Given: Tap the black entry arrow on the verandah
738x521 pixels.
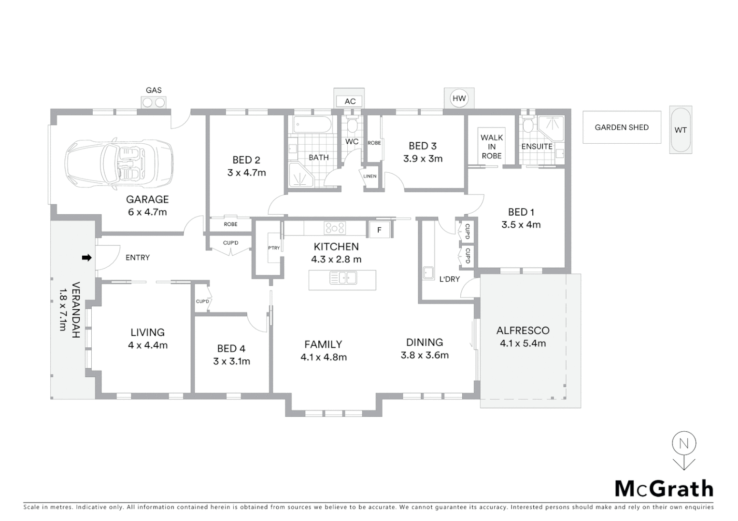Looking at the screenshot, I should [x=86, y=258].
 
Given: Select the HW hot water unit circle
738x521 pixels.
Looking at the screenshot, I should [x=459, y=98].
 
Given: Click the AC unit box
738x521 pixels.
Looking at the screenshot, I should [x=350, y=101].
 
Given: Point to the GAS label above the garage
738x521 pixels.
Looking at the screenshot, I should [x=154, y=90].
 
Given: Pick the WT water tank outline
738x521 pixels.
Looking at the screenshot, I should [x=681, y=130].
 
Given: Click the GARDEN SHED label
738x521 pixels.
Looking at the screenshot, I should [x=621, y=127].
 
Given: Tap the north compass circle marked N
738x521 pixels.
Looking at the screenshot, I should [x=684, y=443].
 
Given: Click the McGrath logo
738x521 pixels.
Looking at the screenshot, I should [x=664, y=488].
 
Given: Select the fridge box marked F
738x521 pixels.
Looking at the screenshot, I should [x=379, y=230].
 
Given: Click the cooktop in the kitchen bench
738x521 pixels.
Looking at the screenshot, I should [x=335, y=228].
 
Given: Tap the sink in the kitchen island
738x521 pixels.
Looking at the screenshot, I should [x=343, y=278].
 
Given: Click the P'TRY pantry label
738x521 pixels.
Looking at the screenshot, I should [x=274, y=248].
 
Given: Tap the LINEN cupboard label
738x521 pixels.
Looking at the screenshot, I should [x=370, y=176].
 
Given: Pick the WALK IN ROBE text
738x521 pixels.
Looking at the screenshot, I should [x=492, y=147].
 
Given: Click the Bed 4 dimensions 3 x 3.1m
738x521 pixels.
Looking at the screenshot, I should [x=232, y=361].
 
